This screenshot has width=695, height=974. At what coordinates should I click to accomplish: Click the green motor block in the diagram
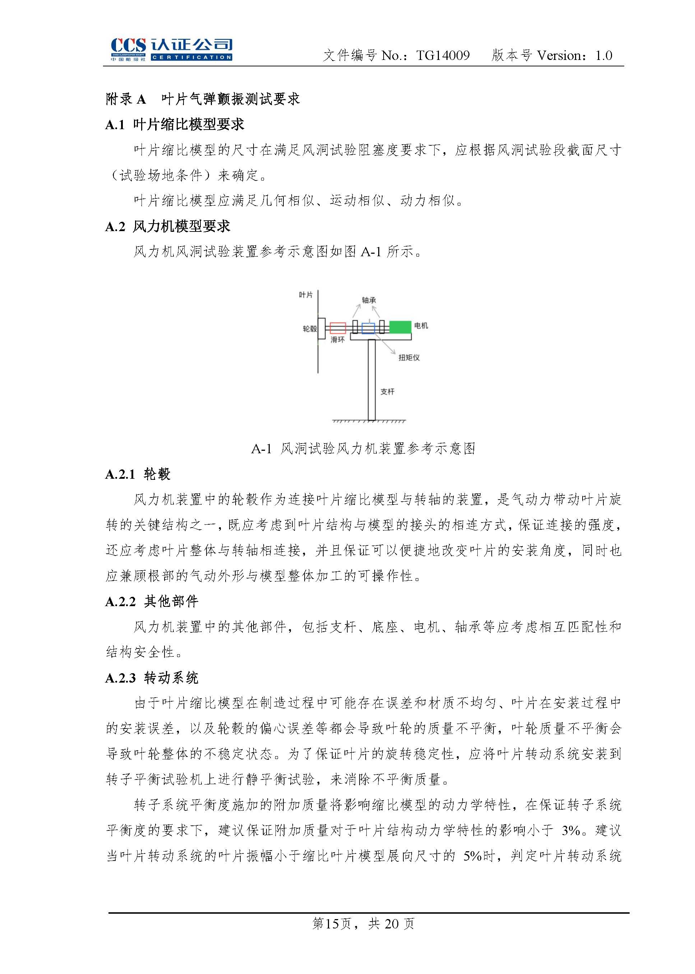pos(400,327)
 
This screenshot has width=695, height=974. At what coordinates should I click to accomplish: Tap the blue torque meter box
pos(368,328)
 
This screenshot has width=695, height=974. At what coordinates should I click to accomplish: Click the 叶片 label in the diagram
pos(306,295)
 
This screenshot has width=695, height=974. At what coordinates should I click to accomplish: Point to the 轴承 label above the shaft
pos(369,300)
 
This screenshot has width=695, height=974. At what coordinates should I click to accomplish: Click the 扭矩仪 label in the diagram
pos(409,357)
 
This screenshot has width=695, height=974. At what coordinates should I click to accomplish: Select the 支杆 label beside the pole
pos(387,391)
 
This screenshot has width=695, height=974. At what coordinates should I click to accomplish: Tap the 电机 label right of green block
pos(421,326)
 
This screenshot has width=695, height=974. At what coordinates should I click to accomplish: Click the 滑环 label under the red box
pos(337,340)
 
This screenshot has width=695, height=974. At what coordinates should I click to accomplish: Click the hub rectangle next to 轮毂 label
pos(322,328)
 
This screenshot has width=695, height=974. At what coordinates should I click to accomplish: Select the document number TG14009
pos(443,56)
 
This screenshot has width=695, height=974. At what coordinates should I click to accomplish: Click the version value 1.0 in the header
pos(603,56)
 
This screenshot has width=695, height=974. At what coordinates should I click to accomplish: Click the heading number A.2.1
pos(120,474)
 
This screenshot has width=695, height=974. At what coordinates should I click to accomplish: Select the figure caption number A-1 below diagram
pos(261,449)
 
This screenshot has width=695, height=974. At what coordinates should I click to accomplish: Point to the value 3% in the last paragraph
pos(571,831)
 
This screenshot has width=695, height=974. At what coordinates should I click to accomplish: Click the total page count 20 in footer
pos(392,924)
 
